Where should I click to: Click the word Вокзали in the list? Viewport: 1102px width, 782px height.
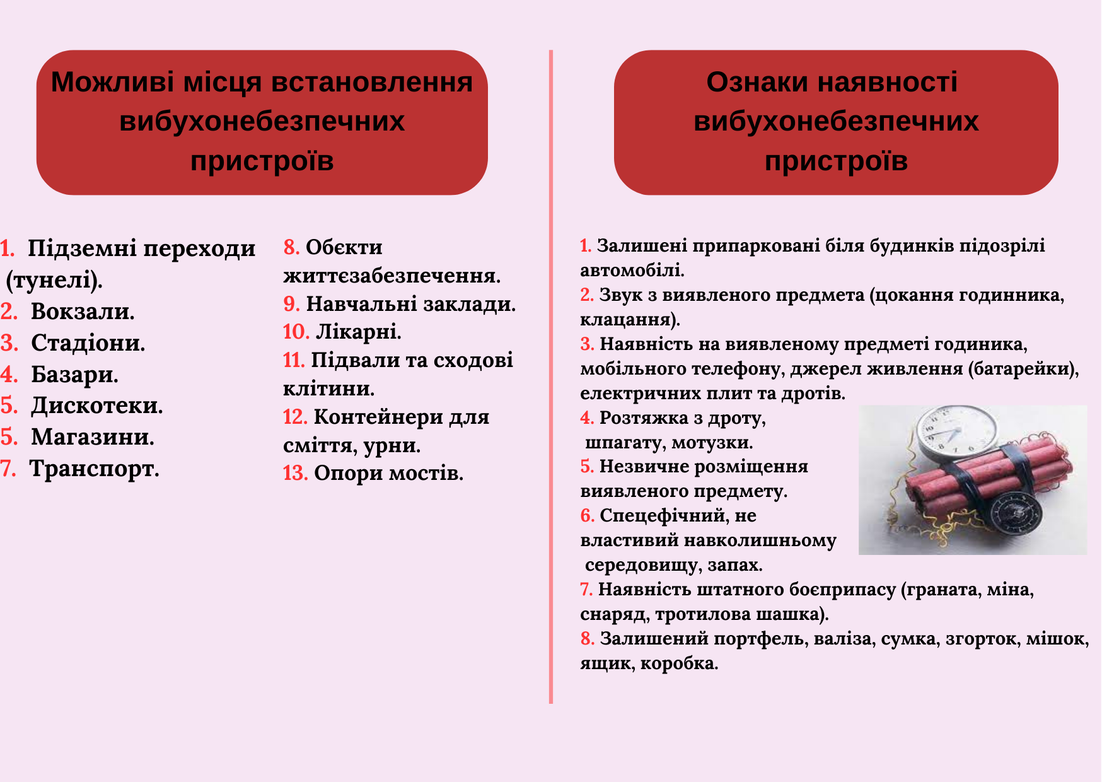click(82, 312)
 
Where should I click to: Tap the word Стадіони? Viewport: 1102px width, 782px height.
click(88, 343)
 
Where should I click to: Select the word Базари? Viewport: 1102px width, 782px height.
click(74, 375)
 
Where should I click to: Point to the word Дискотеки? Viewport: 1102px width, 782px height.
click(96, 406)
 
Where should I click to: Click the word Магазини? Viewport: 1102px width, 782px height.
click(93, 437)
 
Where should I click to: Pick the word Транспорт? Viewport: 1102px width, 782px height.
click(94, 469)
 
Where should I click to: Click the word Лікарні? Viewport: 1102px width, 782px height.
click(358, 332)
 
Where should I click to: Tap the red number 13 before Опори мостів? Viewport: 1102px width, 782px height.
click(295, 473)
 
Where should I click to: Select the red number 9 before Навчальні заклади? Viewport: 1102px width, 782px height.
click(291, 304)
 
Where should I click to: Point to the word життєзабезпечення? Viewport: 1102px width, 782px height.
click(391, 276)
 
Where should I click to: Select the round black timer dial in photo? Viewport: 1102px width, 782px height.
click(1016, 515)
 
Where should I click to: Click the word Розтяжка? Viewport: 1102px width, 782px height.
click(643, 418)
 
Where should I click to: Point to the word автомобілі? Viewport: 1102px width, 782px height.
click(632, 271)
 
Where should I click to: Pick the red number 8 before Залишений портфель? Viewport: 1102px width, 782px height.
click(587, 639)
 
